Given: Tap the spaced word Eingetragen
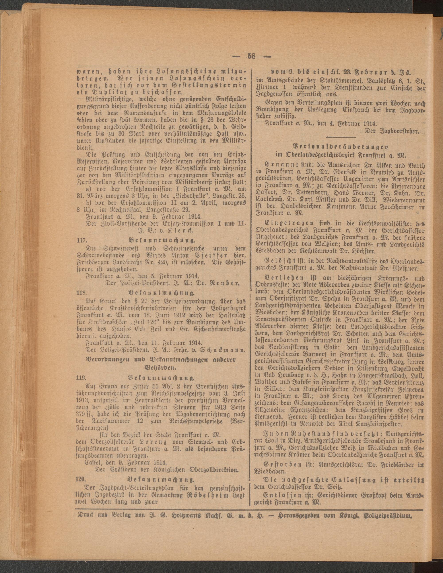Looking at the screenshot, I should coord(286,223).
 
